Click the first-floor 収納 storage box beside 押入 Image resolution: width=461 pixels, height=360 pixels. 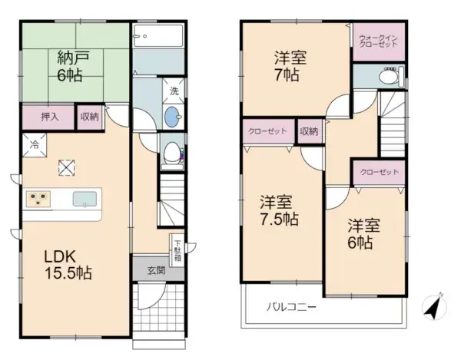click(x=89, y=117)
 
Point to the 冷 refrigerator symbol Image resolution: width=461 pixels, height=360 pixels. click(x=35, y=143)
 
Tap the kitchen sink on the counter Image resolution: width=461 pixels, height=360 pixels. click(x=85, y=200)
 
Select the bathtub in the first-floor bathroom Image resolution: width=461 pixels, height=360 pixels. click(x=158, y=37)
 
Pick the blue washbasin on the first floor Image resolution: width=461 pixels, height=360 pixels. click(x=174, y=117)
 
